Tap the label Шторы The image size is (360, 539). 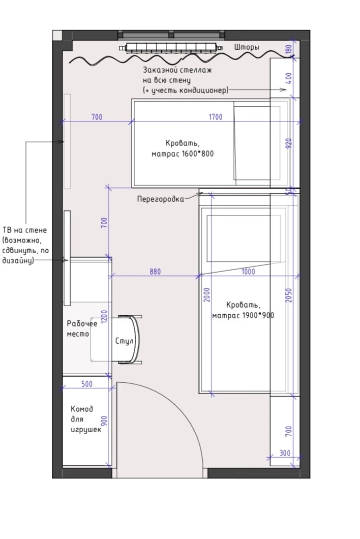tap(247, 47)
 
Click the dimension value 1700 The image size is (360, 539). tap(216, 117)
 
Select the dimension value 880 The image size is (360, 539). tap(155, 272)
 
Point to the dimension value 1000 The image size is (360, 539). tap(248, 272)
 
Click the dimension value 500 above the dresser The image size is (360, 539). tap(87, 383)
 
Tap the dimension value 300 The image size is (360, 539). tap(285, 453)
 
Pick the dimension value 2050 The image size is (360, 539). tap(289, 295)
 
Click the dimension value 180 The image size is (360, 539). tap(289, 49)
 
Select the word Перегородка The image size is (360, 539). tap(161, 199)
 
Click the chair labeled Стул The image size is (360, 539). tap(129, 340)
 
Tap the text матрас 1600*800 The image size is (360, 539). tap(183, 154)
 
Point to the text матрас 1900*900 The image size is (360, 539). tap(243, 315)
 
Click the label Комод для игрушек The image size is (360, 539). tap(86, 420)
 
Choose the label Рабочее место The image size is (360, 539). tap(82, 328)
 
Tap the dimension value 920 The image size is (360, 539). tap(289, 143)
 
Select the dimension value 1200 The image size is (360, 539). tap(105, 317)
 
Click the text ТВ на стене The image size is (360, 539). tap(24, 230)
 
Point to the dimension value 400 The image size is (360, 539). tap(289, 78)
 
